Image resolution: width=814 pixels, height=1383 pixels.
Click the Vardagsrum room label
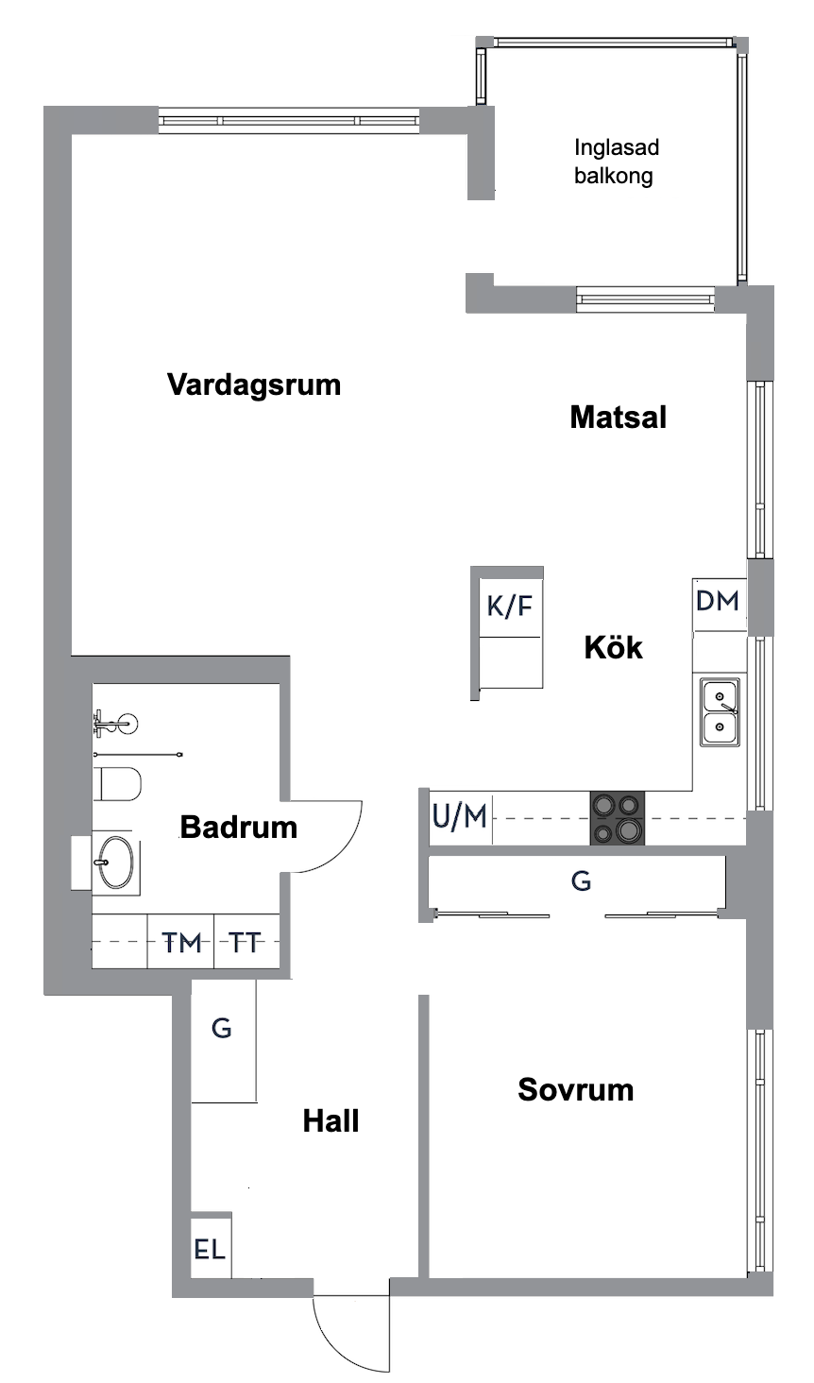(253, 385)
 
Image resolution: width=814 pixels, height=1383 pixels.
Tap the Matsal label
(618, 418)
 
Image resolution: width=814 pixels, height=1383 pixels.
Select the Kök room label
(613, 648)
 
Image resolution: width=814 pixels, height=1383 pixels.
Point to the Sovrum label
(575, 1090)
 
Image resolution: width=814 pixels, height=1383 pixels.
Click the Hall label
(331, 1121)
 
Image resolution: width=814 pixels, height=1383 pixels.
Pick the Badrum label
(238, 828)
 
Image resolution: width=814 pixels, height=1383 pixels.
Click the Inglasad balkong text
(616, 162)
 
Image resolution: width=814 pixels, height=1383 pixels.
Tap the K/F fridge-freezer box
(510, 606)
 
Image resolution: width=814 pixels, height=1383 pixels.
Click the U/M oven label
(460, 816)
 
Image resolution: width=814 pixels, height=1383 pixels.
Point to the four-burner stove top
(618, 817)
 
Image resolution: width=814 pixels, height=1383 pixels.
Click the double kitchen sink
(720, 712)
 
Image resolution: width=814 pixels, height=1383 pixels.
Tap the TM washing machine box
(181, 942)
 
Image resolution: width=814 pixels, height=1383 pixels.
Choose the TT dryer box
(246, 942)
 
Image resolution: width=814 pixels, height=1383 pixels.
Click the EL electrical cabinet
(210, 1249)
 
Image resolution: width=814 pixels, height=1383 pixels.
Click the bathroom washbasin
(116, 862)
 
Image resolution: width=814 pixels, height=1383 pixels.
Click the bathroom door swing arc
(340, 841)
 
